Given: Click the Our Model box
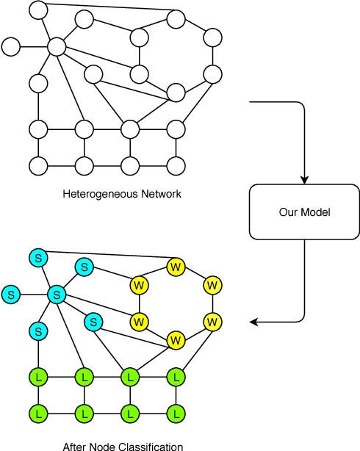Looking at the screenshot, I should click(x=304, y=212).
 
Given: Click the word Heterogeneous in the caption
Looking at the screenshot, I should click(x=93, y=194).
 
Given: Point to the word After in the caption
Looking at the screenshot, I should click(x=75, y=446).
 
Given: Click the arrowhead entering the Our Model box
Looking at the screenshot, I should click(x=304, y=180).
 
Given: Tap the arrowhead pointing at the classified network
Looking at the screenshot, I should click(x=254, y=322).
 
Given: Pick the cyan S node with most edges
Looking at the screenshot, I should click(x=57, y=295).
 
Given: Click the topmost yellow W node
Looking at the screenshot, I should click(x=175, y=266).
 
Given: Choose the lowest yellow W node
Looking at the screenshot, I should click(x=175, y=340).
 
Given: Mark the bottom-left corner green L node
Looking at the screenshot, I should click(x=38, y=413).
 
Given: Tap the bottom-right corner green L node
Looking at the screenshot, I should click(x=176, y=413).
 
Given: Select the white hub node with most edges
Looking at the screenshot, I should click(x=57, y=47).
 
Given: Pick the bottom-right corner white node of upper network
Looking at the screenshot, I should click(x=176, y=165).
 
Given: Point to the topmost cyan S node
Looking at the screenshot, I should click(x=38, y=258).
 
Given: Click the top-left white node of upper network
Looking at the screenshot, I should click(x=38, y=10).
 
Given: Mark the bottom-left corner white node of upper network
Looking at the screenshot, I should click(x=38, y=165).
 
